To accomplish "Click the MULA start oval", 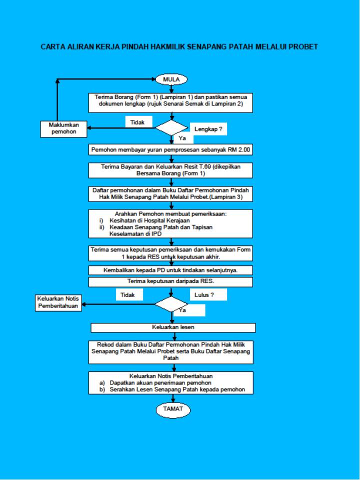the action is point(171,79).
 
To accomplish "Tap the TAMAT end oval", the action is point(173,409).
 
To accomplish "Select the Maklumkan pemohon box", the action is point(63,129).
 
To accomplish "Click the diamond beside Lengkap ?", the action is point(171,127).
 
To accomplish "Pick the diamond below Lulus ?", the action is point(171,304).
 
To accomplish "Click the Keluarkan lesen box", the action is point(173,327).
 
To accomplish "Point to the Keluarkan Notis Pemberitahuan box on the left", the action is point(58,302).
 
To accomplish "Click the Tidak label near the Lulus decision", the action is point(127,295).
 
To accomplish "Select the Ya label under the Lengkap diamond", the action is point(182,138).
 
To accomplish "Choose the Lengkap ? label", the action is point(208,129).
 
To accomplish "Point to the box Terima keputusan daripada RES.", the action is point(170,282).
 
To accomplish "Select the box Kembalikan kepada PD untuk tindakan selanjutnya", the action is point(170,270).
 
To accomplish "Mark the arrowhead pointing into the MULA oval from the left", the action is point(153,79).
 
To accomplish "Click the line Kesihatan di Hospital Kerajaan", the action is point(149,220).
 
